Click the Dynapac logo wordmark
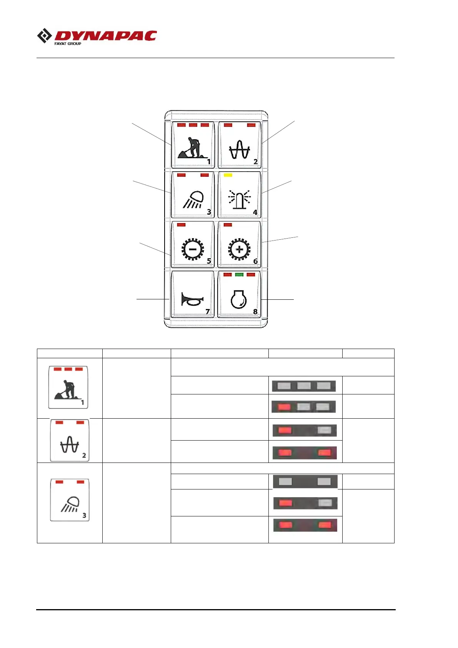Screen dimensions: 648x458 106,36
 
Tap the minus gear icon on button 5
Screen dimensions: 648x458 193,249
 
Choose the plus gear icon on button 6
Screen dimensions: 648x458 239,249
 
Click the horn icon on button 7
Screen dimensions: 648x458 192,299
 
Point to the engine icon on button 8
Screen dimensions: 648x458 239,299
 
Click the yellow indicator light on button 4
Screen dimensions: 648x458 228,175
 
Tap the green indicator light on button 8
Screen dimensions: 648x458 239,275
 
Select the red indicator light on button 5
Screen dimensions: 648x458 182,225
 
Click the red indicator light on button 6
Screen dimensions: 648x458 228,225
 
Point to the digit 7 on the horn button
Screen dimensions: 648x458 208,311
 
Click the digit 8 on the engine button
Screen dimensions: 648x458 255,311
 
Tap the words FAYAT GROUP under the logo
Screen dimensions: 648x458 68,44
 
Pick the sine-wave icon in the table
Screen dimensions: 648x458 70,446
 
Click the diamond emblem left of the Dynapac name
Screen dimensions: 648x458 45,36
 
